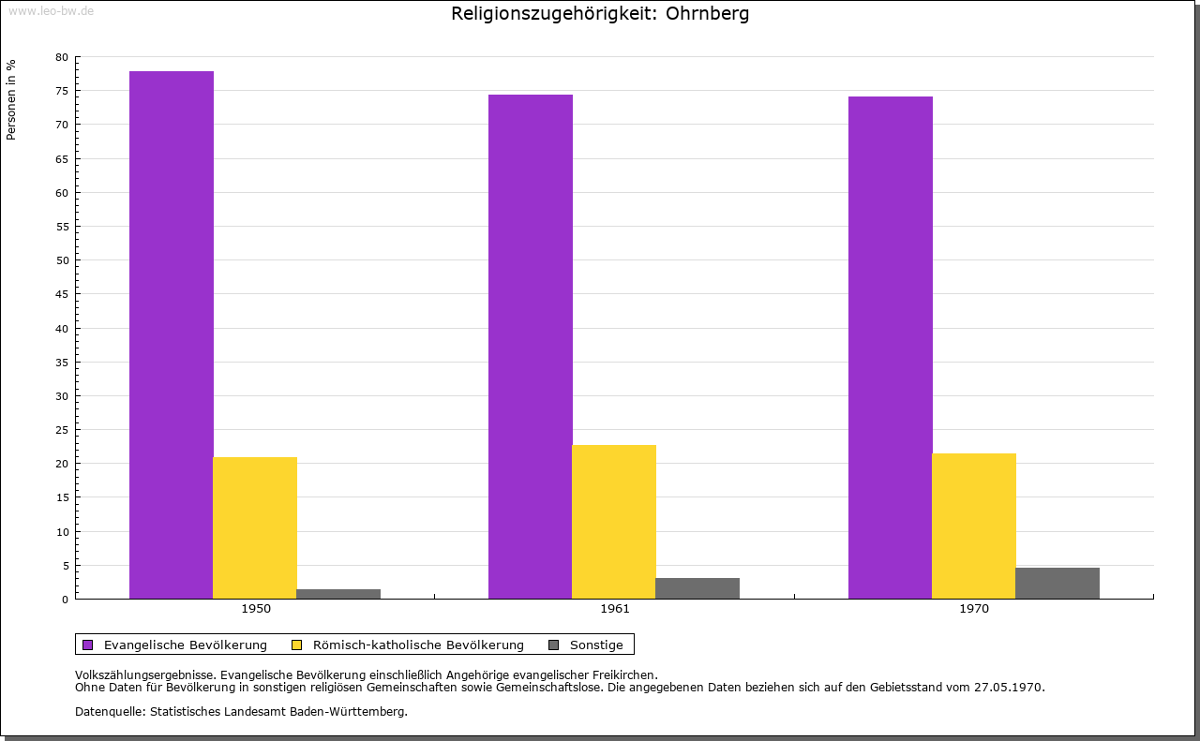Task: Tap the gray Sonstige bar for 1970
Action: tap(1057, 583)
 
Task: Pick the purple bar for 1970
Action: tap(890, 347)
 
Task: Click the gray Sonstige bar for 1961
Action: tap(697, 588)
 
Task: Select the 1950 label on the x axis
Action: tap(256, 609)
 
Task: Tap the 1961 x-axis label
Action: tap(615, 609)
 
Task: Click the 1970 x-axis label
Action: tap(974, 609)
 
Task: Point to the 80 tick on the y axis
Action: tap(62, 57)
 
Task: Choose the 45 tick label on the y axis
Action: tap(62, 294)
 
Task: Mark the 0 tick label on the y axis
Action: tap(66, 600)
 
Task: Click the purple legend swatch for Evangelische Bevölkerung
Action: tap(88, 645)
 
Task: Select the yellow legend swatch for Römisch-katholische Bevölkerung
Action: tap(297, 645)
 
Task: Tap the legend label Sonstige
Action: tap(596, 645)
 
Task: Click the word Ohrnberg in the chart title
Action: tap(707, 14)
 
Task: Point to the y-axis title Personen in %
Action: tap(11, 99)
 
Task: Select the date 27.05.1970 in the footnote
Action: tap(1007, 687)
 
